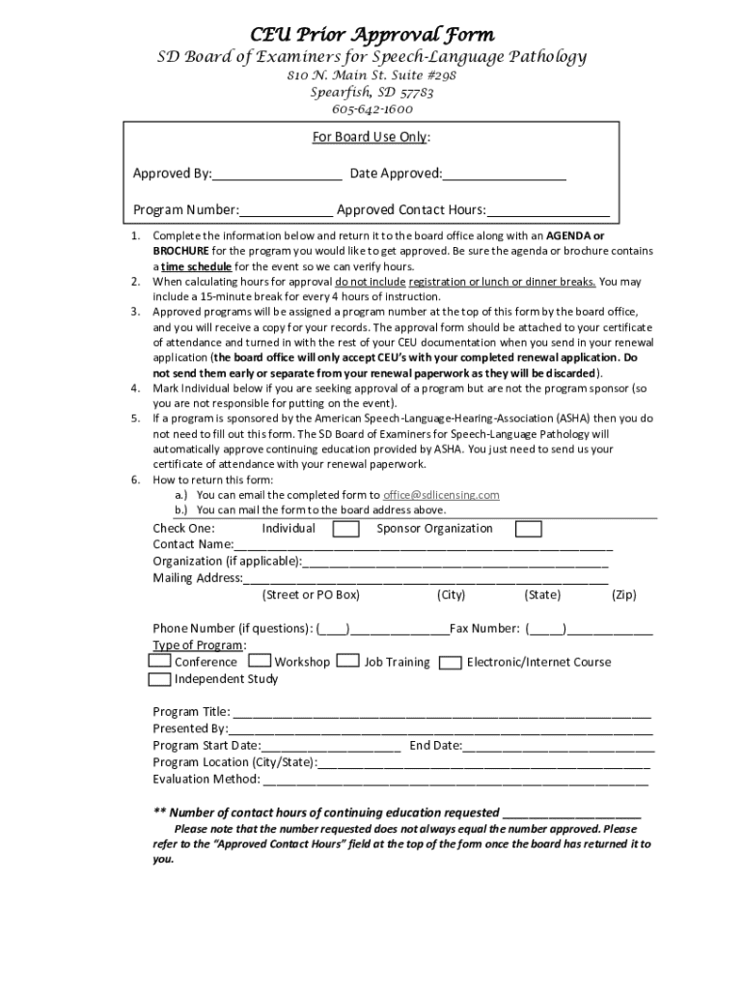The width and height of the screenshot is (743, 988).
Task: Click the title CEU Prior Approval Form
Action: (x=372, y=35)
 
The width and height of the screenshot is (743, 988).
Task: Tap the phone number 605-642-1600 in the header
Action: (x=371, y=109)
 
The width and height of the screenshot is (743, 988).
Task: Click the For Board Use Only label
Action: (x=371, y=137)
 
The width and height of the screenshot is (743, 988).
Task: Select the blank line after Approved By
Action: (x=276, y=175)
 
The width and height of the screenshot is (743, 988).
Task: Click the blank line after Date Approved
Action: (x=504, y=175)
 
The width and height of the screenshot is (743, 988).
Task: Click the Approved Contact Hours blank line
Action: (x=547, y=210)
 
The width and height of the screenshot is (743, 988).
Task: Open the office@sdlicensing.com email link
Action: (x=441, y=495)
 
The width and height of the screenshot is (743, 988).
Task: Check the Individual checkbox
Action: (x=345, y=529)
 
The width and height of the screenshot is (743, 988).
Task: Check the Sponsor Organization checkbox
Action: (x=528, y=529)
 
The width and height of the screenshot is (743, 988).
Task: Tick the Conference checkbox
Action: (x=160, y=662)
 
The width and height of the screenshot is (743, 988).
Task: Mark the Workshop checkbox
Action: (x=260, y=662)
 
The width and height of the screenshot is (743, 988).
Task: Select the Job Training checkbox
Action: (x=349, y=662)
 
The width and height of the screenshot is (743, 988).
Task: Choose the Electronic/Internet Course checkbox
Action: (x=450, y=663)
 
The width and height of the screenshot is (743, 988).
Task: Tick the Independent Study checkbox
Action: (x=160, y=679)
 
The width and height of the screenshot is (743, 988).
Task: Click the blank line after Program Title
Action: (x=440, y=714)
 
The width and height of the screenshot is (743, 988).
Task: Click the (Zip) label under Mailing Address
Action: (x=623, y=595)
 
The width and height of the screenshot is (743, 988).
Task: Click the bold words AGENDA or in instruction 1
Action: (x=576, y=235)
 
